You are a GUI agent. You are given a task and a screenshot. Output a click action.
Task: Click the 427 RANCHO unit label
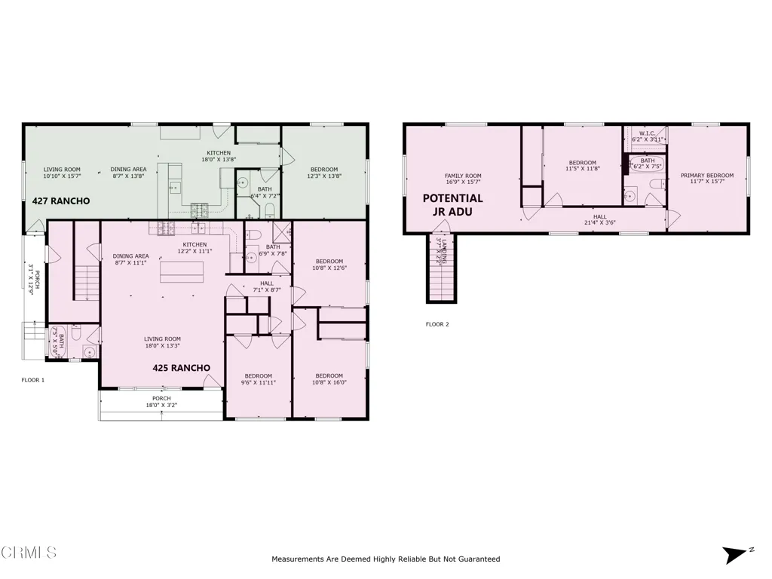point(61,201)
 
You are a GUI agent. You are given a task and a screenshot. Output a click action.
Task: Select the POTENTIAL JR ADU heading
point(452,205)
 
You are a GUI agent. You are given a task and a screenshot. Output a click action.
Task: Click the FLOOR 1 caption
point(32,380)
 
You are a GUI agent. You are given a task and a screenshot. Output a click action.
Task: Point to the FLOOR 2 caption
point(437,325)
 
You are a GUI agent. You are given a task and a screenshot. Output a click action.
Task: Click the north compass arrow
point(735,555)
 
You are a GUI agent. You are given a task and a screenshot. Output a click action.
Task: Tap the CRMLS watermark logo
point(29,553)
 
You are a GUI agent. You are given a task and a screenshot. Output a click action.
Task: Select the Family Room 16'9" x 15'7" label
point(462,179)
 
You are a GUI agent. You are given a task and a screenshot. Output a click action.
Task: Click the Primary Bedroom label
point(706,179)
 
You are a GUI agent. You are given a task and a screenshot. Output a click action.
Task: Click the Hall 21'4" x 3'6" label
point(600,220)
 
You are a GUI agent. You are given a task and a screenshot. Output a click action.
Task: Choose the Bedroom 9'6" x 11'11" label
point(259,379)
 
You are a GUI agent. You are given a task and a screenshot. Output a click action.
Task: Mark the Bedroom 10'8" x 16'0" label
point(329,379)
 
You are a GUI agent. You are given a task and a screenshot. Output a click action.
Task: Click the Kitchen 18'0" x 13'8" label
point(219,156)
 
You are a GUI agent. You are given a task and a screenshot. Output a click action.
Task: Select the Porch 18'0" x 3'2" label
point(161,402)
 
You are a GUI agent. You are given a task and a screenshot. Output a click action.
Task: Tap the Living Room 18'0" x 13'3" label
point(162,343)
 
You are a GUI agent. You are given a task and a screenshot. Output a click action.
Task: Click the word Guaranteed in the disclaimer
point(476,559)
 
